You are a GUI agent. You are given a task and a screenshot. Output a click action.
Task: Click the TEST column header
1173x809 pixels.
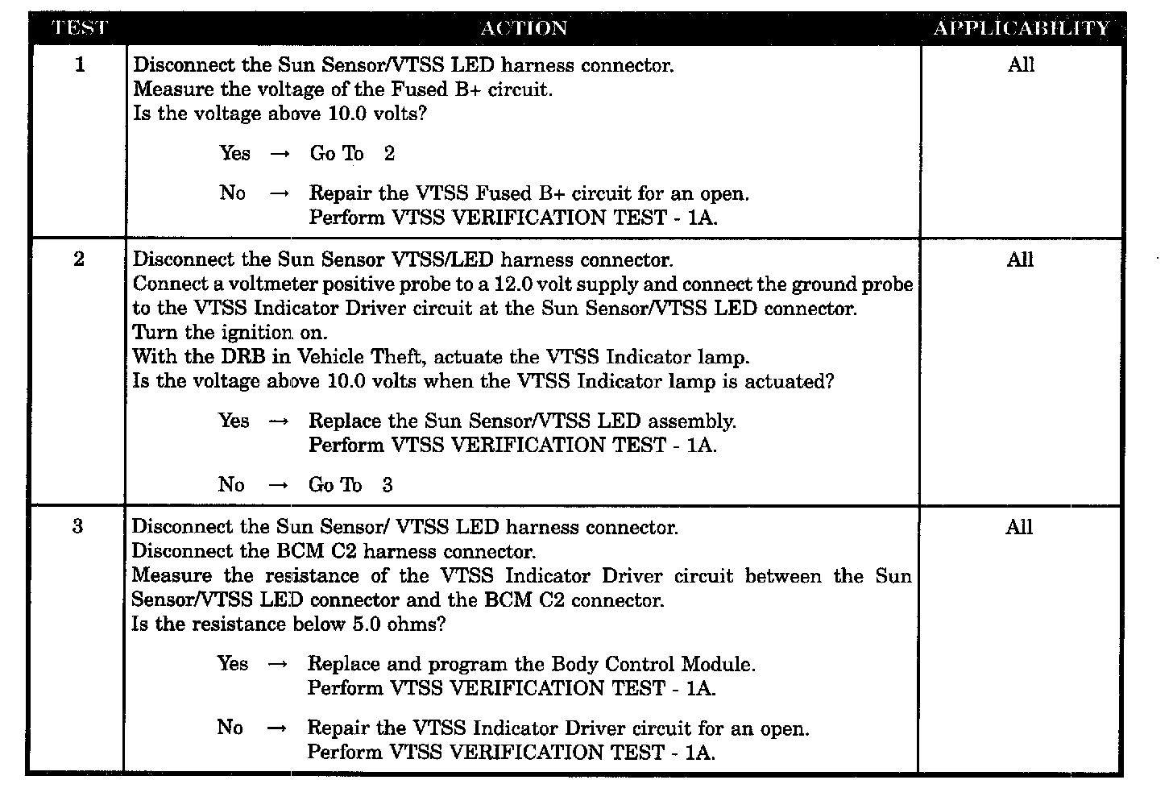point(79,28)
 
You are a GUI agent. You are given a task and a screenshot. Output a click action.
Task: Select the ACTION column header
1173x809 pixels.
point(524,28)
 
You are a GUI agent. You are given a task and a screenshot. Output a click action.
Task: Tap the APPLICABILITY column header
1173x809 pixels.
point(1021,28)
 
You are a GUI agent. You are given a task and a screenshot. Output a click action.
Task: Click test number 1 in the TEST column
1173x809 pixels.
point(79,65)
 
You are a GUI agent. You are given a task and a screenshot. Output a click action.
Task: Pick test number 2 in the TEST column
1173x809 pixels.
point(78,259)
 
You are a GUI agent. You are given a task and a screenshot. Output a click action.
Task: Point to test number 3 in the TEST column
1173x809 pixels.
point(77,527)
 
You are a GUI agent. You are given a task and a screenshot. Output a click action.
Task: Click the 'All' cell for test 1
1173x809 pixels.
point(1021,65)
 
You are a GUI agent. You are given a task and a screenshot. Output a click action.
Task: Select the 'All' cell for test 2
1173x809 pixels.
point(1020,259)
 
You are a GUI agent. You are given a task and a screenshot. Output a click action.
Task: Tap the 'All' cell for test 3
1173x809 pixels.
point(1019,527)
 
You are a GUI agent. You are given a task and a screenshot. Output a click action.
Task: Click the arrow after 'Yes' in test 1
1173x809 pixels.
point(280,155)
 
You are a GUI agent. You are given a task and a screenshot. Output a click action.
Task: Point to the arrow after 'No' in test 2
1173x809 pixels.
point(278,486)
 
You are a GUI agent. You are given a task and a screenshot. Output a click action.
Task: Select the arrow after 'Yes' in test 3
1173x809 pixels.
point(277,665)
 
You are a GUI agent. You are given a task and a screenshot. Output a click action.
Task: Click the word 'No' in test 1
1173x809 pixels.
point(233,193)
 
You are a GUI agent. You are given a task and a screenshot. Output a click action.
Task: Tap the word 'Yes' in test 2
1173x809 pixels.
point(234,421)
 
